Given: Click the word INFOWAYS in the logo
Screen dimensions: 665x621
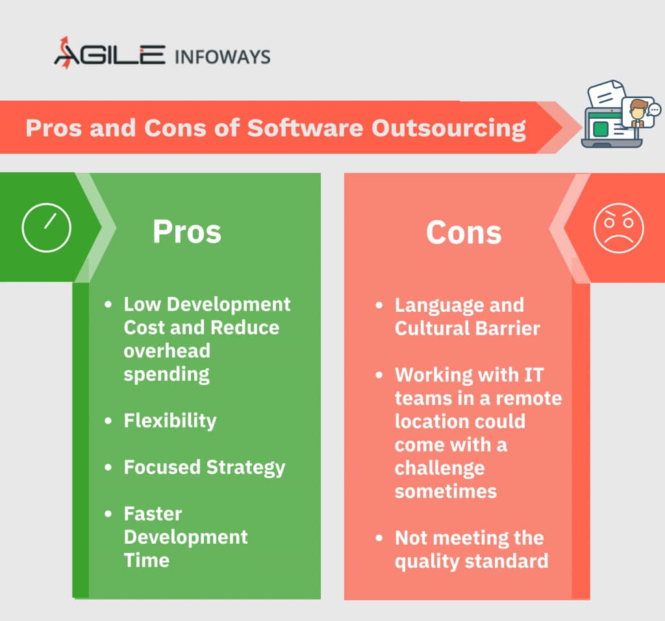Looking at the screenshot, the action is tap(222, 57).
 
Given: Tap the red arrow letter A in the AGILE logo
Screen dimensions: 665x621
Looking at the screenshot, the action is tap(66, 53).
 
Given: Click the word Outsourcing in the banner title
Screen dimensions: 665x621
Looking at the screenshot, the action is tap(449, 129).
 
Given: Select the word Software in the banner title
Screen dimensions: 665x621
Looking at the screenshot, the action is tap(305, 128).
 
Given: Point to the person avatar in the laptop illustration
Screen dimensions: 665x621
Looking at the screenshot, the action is tap(638, 113).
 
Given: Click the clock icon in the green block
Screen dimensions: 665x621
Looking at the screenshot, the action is tap(46, 228).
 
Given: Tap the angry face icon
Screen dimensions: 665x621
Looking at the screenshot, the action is tap(619, 228).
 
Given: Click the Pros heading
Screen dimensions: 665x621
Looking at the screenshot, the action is tap(187, 232).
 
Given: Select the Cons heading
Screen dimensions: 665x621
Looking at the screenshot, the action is tap(464, 233).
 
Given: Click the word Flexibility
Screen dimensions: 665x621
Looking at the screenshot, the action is tap(170, 421).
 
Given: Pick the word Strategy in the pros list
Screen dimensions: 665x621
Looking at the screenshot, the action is tap(245, 468).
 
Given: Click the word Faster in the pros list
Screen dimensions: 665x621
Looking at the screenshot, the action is tap(153, 514).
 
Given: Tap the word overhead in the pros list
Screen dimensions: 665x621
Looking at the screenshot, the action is tap(167, 351).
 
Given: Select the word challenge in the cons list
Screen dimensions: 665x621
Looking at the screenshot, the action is tap(440, 468).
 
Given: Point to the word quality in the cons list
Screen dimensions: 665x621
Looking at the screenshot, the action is tap(427, 562).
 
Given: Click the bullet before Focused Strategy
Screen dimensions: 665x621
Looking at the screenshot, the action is tap(108, 468).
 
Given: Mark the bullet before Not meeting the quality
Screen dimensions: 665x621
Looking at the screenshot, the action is tap(379, 538).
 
